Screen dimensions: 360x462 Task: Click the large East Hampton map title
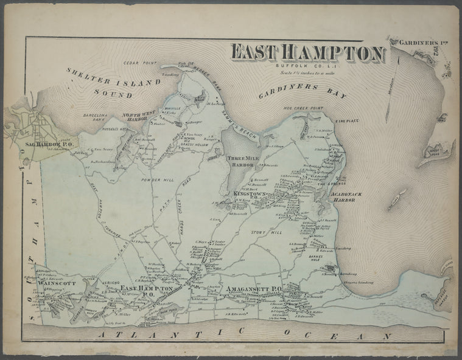308,54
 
